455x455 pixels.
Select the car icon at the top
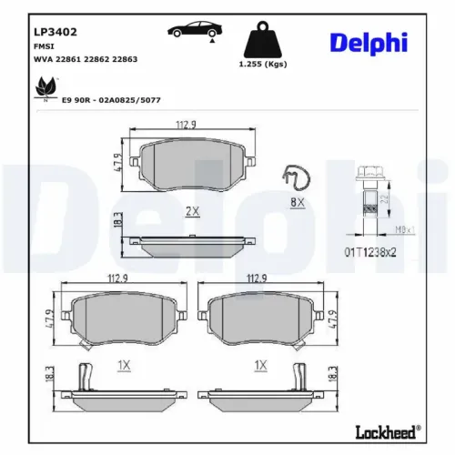[x=191, y=29]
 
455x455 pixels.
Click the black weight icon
[x=262, y=39]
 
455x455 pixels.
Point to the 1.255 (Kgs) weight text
[x=262, y=66]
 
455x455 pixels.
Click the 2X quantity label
[x=192, y=211]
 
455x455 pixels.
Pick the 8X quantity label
[x=298, y=202]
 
